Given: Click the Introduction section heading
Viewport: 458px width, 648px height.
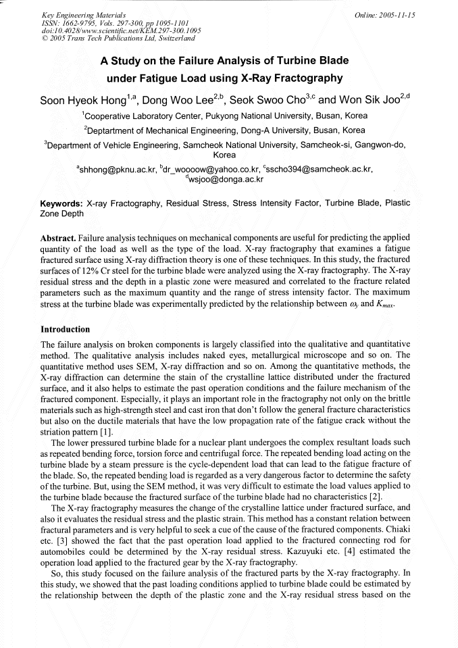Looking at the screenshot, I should click(66, 330).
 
